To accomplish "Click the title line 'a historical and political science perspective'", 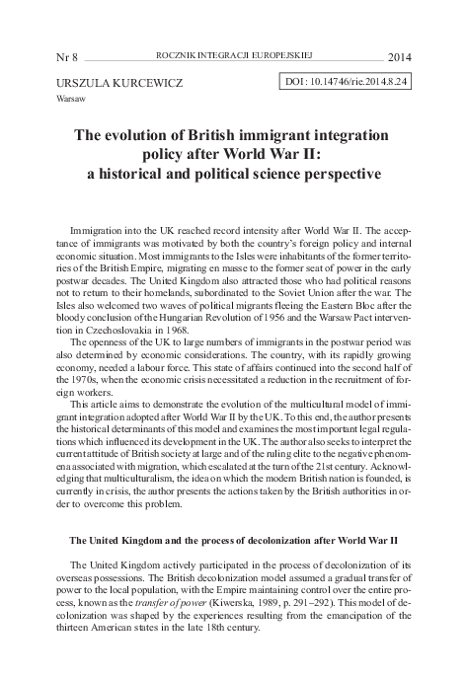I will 233,175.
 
